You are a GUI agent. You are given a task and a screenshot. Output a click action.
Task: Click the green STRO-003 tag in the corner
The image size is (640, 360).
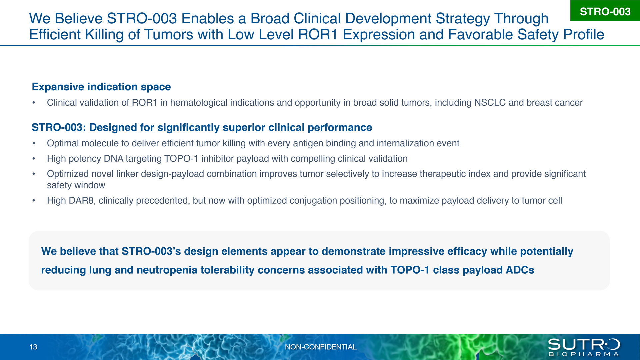pos(605,11)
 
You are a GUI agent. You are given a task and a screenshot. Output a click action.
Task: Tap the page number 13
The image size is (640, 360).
pos(33,347)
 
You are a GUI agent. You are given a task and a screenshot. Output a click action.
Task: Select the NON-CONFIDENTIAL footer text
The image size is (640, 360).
pos(321,347)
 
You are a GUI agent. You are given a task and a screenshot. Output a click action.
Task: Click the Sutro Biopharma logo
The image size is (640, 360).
pos(584,347)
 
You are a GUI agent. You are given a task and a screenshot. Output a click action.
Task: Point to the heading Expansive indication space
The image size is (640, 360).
pos(101,87)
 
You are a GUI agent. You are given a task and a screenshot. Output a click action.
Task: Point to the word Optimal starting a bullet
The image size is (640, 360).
pos(63,143)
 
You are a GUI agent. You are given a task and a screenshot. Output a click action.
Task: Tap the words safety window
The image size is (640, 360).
pos(76,185)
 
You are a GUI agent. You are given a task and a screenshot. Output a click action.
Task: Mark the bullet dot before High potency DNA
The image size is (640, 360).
pos(34,159)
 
